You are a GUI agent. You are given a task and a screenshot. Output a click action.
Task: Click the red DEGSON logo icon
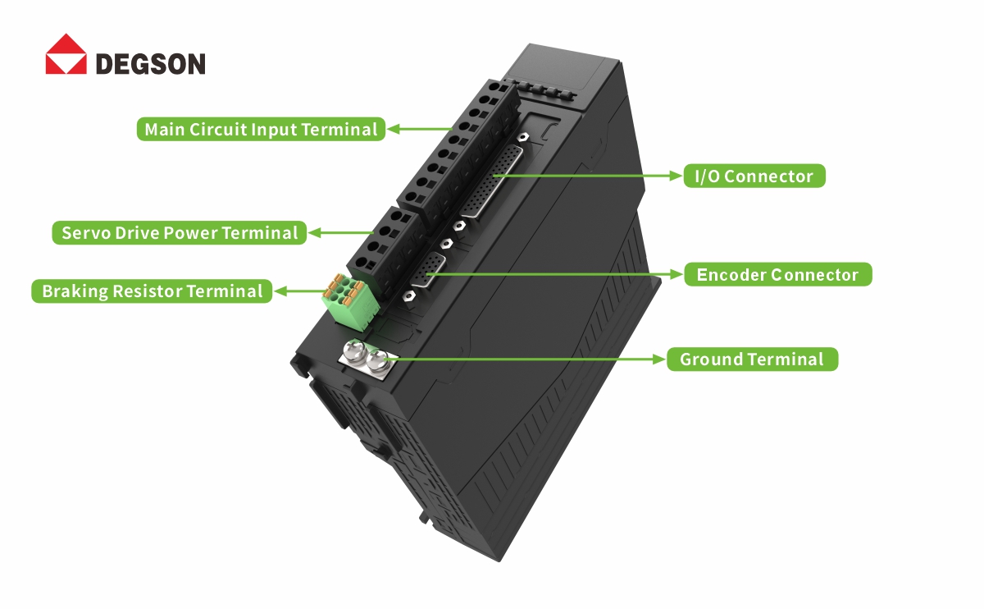66,53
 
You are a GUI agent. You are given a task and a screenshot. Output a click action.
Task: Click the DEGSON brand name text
151,64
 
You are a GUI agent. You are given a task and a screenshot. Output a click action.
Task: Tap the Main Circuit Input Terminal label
261,130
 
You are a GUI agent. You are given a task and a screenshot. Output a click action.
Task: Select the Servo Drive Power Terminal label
180,232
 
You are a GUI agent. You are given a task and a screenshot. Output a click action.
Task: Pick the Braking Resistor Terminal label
152,291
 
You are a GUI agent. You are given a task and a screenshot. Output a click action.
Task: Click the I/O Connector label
754,176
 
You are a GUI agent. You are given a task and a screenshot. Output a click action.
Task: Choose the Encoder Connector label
777,274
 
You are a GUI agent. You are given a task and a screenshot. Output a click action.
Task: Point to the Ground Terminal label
752,359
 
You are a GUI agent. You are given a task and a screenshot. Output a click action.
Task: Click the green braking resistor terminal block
351,302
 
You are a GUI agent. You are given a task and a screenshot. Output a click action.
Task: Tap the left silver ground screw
354,351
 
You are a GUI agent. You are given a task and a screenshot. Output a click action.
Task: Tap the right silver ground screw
377,362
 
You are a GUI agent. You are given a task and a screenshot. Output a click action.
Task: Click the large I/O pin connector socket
492,181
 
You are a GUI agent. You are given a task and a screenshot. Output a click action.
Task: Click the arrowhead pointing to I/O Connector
676,176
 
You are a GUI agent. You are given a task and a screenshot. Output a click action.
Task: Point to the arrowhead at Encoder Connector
677,274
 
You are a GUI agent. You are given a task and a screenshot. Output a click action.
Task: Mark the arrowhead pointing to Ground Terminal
659,359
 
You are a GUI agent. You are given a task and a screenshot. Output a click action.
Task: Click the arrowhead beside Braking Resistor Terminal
280,291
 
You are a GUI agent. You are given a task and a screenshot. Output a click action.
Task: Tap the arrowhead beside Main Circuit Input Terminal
394,130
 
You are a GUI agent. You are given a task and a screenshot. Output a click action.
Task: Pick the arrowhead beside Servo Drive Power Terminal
315,232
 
